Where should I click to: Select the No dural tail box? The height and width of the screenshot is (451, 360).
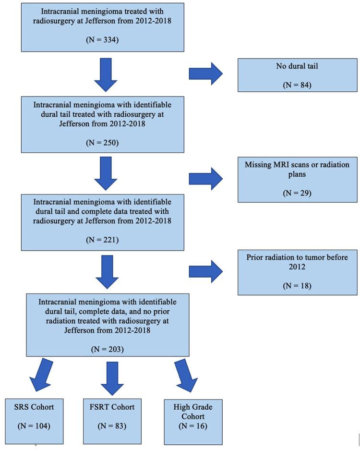(297, 74)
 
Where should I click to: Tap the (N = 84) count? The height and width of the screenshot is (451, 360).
(297, 85)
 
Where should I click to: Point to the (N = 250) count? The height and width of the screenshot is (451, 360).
(102, 143)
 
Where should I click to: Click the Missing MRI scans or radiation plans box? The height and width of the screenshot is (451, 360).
(297, 179)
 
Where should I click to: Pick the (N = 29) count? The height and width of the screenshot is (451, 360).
(297, 193)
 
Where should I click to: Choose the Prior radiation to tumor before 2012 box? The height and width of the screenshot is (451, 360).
(297, 272)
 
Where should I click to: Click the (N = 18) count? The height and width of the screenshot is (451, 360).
(297, 286)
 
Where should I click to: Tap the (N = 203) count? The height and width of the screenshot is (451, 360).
(108, 349)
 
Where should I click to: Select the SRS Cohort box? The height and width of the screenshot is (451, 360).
(34, 421)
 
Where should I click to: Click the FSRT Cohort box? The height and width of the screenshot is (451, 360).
(112, 421)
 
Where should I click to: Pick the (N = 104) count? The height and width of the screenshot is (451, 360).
(34, 426)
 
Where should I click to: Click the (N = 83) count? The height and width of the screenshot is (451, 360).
(112, 426)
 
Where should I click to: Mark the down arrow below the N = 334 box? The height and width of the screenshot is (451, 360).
(105, 74)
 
